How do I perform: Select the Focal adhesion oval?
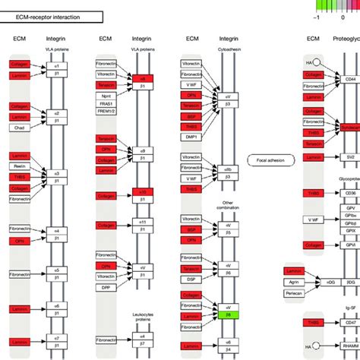coord(270,161)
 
